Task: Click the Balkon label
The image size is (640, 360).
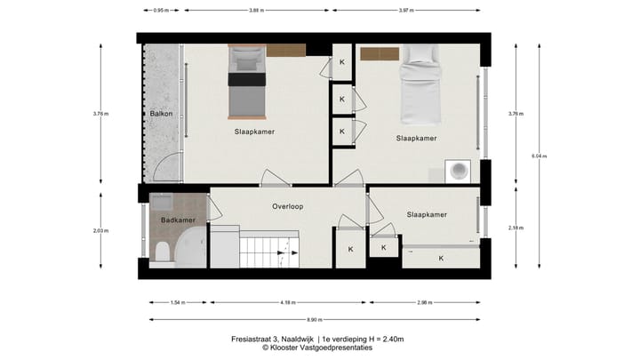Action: tap(160, 115)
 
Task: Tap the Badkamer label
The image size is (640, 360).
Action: tap(177, 220)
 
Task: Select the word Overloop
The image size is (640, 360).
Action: tap(287, 206)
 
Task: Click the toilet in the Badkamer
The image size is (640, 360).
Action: tap(162, 255)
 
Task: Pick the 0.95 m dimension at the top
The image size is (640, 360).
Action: tap(160, 11)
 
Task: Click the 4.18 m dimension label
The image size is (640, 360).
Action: tap(287, 302)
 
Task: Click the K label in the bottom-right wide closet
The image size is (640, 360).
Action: tap(441, 258)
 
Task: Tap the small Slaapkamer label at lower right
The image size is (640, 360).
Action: tap(426, 215)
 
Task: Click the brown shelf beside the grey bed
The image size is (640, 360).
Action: tap(286, 51)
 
